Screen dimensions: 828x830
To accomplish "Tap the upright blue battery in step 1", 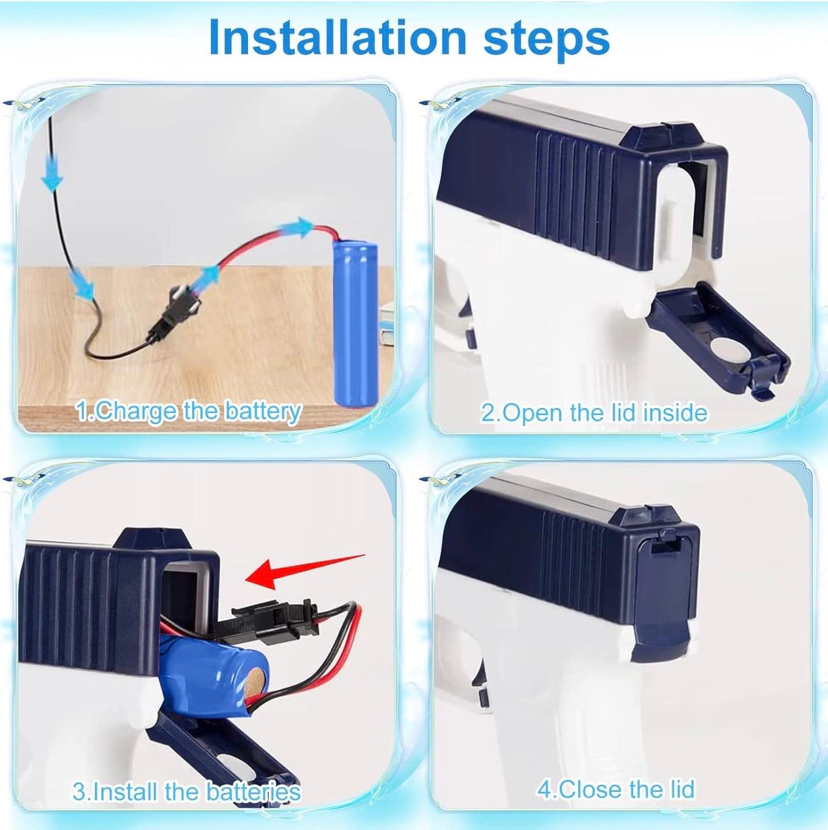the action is pyautogui.click(x=356, y=325).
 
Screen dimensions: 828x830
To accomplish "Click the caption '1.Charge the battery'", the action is pyautogui.click(x=187, y=412).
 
